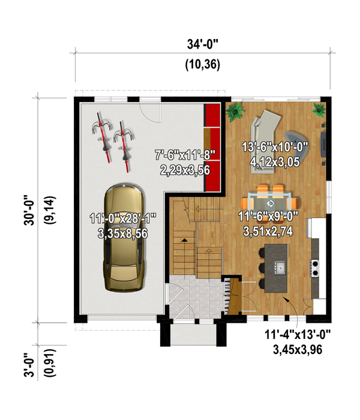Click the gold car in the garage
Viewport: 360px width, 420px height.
[x=124, y=237]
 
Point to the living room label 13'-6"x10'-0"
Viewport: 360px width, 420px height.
[x=275, y=152]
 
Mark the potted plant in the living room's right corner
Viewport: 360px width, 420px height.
[x=318, y=109]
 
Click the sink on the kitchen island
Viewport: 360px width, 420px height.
[x=279, y=266]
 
